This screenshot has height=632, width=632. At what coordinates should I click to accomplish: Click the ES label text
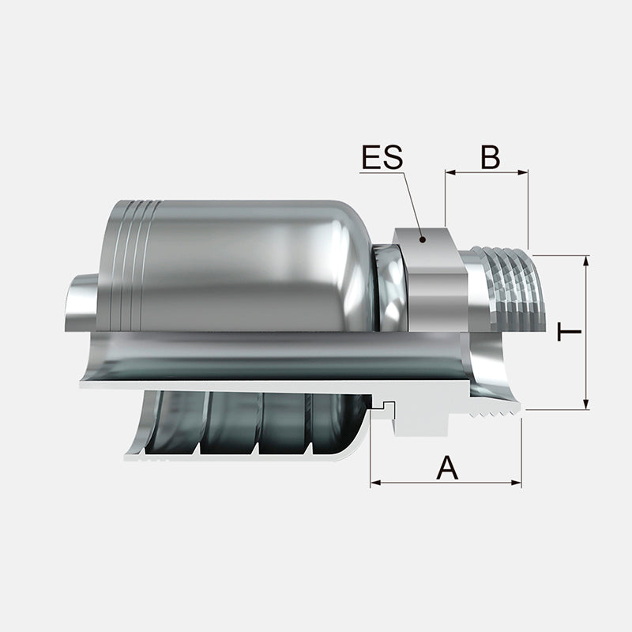382,156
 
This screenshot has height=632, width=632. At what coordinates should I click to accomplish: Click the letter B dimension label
491,156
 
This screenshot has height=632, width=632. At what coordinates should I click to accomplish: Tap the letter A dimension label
447,468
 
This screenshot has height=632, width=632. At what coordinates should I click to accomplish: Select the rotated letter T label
569,332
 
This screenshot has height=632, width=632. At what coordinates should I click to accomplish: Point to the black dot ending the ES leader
423,239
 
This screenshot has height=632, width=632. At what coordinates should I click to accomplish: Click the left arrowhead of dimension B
450,172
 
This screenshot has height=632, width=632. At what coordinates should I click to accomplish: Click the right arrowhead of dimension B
523,172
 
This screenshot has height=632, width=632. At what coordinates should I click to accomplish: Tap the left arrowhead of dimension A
376,483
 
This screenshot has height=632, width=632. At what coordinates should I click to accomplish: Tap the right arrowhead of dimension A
517,483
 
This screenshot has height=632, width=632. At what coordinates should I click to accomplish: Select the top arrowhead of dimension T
586,261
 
